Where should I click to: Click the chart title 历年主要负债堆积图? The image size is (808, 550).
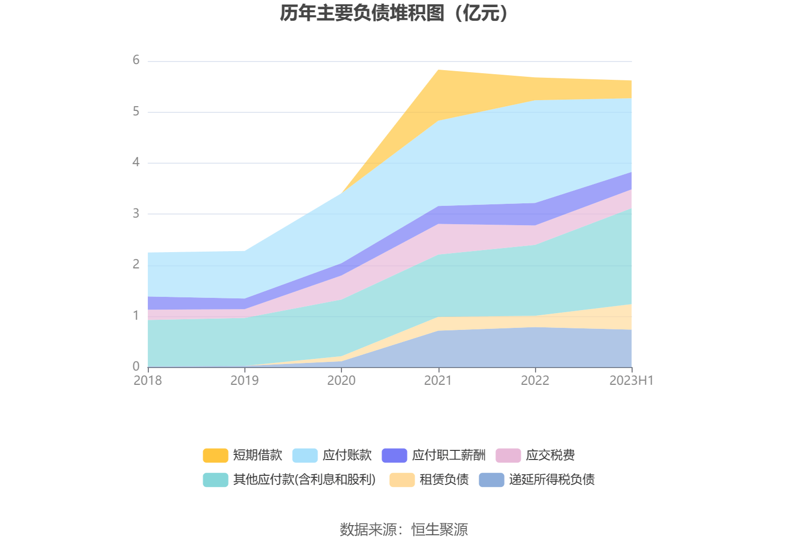click(x=394, y=14)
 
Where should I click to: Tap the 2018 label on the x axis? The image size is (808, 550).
click(x=147, y=381)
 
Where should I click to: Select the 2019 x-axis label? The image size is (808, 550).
click(x=244, y=381)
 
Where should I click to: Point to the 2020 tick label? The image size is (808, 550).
click(x=341, y=381)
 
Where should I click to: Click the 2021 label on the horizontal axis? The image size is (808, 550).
click(x=438, y=381)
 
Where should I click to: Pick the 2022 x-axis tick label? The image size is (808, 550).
click(x=535, y=381)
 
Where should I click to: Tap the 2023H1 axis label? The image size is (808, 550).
click(x=631, y=381)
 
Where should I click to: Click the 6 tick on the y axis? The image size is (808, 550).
click(x=136, y=60)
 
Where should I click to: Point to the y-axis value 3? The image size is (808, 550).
click(x=136, y=213)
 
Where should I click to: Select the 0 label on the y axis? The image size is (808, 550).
click(x=136, y=366)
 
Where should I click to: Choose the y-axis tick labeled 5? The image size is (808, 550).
click(x=136, y=111)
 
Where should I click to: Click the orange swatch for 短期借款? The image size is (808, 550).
click(x=215, y=455)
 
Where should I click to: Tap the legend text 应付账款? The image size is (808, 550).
click(x=347, y=455)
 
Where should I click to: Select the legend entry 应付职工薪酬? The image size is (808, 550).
click(x=449, y=455)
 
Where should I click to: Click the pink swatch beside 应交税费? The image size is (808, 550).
click(x=508, y=455)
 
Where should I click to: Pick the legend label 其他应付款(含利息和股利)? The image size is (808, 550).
click(x=304, y=480)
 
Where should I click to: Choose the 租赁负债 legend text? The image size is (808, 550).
click(x=444, y=480)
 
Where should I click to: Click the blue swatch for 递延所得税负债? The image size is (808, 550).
click(x=491, y=480)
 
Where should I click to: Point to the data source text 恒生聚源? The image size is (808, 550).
click(x=440, y=530)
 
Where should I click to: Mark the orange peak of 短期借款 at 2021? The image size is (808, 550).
click(x=438, y=71)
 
